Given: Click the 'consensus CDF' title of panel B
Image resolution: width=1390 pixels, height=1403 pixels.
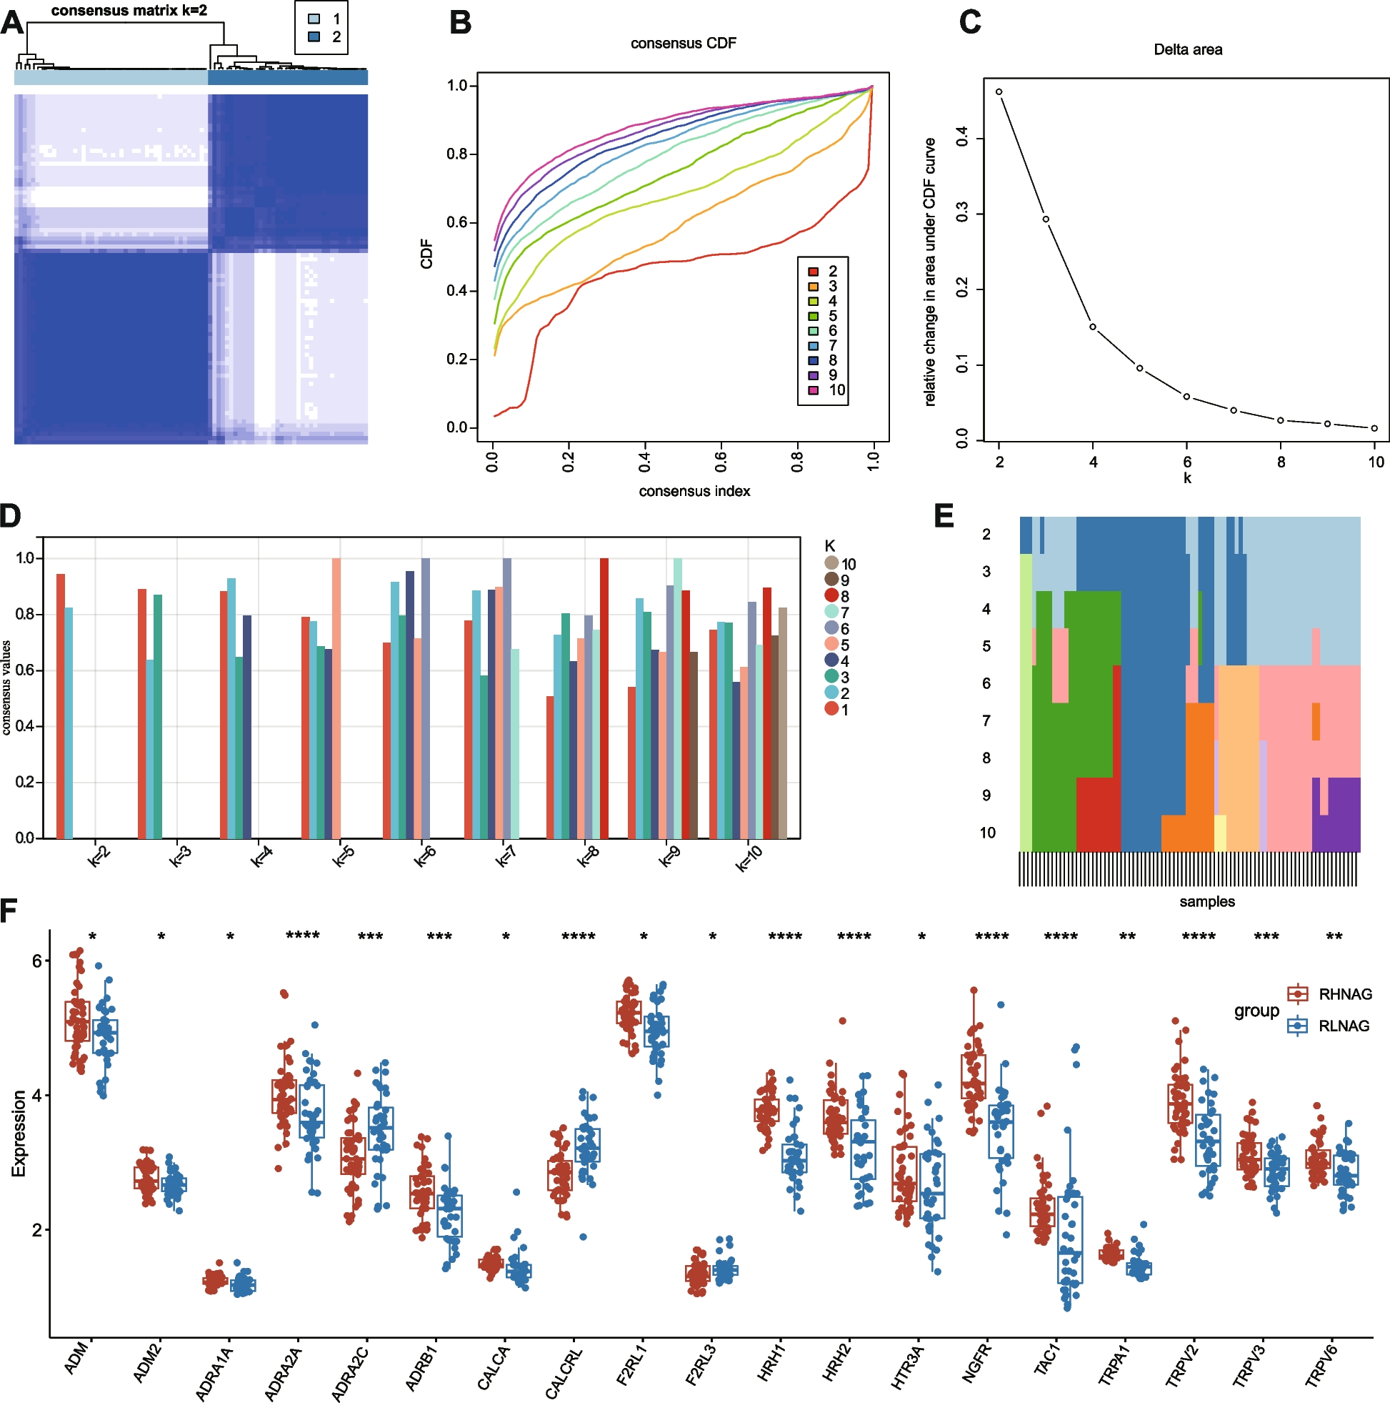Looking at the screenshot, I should click(x=683, y=44).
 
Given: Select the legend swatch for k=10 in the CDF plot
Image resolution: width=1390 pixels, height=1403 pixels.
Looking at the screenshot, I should click(x=814, y=390).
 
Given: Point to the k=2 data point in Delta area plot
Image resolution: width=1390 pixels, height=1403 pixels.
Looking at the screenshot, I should click(x=999, y=92).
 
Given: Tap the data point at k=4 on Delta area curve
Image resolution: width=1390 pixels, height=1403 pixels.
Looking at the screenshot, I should click(x=1092, y=327).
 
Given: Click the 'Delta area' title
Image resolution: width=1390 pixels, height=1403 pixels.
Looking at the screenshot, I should click(x=1187, y=50).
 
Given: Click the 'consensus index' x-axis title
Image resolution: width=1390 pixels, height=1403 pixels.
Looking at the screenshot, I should click(x=694, y=492).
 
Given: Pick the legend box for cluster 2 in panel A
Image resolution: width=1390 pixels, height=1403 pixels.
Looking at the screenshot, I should click(x=314, y=37).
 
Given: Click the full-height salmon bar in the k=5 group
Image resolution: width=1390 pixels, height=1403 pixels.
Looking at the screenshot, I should click(x=336, y=697).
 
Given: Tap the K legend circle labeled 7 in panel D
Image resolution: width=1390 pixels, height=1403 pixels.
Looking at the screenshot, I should click(x=831, y=613).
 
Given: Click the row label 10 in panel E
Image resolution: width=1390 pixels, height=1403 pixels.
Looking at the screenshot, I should click(x=987, y=833).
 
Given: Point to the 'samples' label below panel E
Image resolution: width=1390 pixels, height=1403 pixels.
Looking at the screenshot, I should click(x=1206, y=902).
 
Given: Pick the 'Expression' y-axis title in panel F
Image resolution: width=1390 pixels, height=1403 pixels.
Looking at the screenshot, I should click(x=19, y=1133).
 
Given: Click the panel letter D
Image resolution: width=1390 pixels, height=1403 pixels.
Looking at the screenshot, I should click(x=10, y=515).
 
